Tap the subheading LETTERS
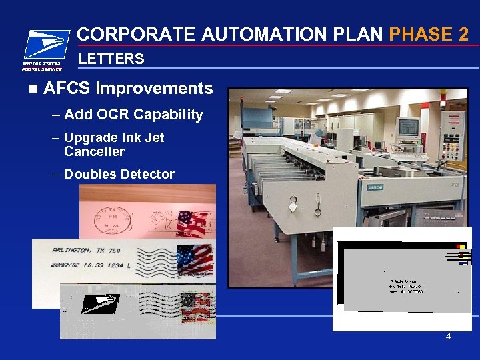click(111, 59)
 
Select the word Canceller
click(94, 152)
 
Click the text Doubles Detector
click(119, 175)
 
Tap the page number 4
click(448, 337)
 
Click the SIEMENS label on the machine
click(375, 187)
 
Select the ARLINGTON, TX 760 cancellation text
click(86, 251)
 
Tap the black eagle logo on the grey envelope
click(101, 303)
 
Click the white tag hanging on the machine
click(293, 207)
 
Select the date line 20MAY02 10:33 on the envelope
click(85, 265)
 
